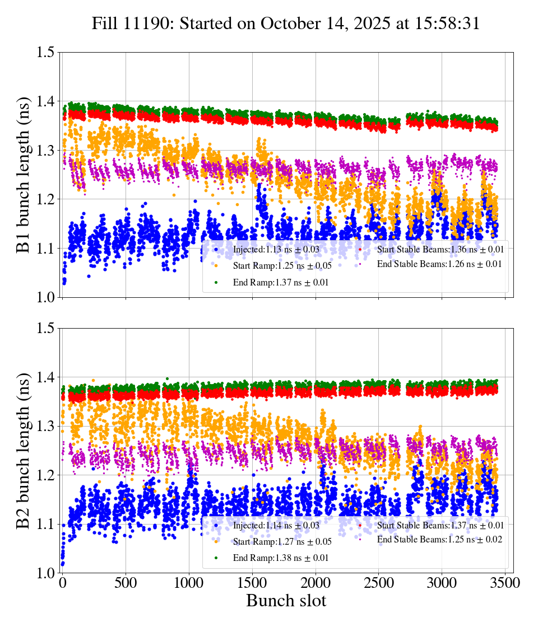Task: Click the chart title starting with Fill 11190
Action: point(286,24)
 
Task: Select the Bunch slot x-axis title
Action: point(286,601)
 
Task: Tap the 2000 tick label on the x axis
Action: point(316,583)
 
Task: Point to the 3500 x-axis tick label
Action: point(505,583)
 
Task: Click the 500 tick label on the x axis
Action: point(126,583)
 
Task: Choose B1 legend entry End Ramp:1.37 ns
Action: point(277,283)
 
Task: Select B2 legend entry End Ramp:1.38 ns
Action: point(277,558)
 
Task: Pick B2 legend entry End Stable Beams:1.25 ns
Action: point(431,540)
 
